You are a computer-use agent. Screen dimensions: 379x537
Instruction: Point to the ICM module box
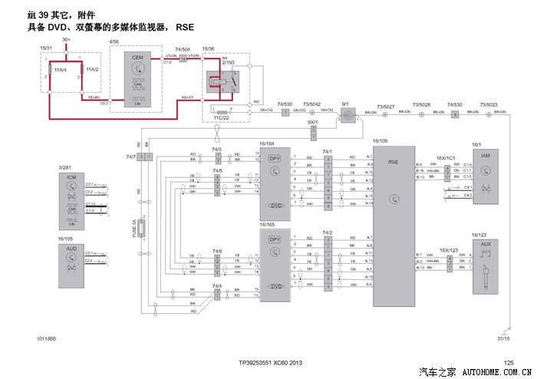click(72, 200)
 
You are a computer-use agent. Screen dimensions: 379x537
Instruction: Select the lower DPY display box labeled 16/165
click(275, 265)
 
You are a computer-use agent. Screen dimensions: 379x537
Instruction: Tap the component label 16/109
click(381, 142)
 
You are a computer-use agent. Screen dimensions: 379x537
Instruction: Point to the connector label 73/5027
click(386, 105)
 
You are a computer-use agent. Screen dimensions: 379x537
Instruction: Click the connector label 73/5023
click(489, 105)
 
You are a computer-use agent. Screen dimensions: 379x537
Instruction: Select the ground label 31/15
click(503, 338)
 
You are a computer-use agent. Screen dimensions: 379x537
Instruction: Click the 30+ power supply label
click(67, 39)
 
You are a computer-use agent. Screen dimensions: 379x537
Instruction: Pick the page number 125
click(508, 362)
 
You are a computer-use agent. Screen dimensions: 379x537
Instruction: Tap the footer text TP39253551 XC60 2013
click(272, 362)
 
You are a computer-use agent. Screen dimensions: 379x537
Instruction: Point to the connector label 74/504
click(183, 49)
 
